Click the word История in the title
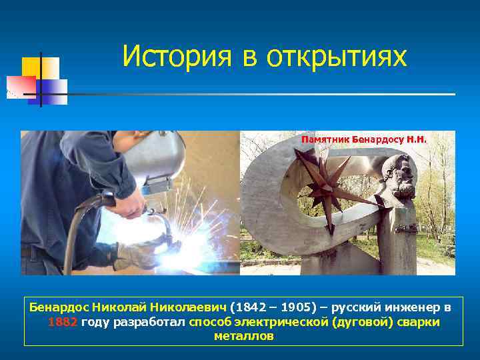coord(175,57)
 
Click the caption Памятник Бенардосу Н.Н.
coord(363,140)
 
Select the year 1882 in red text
coord(63,322)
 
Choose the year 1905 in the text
coord(292,308)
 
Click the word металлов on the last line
coord(243,336)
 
